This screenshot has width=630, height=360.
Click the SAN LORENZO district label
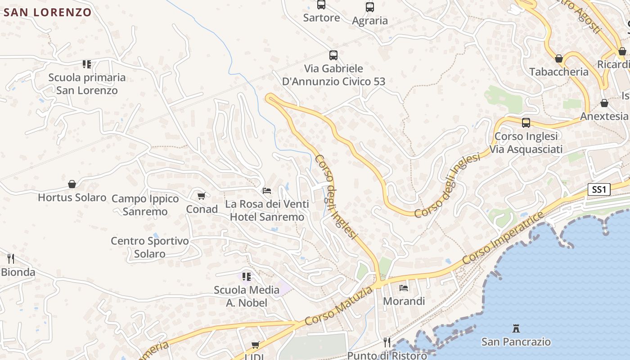(x=48, y=12)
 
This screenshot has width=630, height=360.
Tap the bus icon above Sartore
(x=321, y=5)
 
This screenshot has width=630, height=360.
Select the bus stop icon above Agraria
(x=369, y=7)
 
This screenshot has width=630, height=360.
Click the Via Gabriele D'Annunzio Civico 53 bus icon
(x=333, y=55)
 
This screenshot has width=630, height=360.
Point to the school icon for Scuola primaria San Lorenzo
(x=87, y=64)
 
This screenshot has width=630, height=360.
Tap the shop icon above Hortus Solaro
(x=72, y=184)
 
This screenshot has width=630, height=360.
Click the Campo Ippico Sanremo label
(x=145, y=205)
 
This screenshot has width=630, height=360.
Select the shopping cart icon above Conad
(x=201, y=196)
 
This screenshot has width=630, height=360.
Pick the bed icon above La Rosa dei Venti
(x=267, y=191)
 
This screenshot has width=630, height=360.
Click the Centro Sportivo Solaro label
(x=150, y=247)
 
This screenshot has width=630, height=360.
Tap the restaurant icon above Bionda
(x=11, y=259)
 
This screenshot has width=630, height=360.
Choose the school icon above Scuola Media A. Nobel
(x=246, y=276)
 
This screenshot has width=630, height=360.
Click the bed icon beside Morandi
(x=404, y=288)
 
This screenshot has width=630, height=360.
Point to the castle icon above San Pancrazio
(x=516, y=328)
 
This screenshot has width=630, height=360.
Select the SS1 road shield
(x=599, y=189)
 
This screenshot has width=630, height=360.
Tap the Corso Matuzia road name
(x=339, y=306)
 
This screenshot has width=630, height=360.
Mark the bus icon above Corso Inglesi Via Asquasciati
(x=526, y=122)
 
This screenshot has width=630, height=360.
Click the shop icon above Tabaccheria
(x=558, y=58)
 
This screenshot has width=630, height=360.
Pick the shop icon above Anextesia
(x=604, y=103)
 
